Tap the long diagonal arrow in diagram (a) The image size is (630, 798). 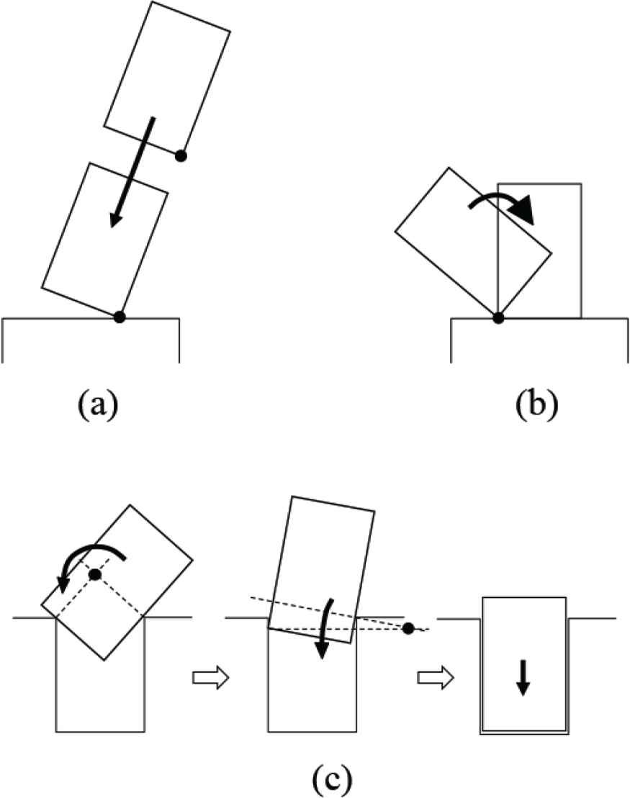click(x=131, y=173)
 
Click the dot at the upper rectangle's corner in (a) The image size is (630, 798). click(x=181, y=155)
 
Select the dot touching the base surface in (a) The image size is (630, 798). click(x=120, y=317)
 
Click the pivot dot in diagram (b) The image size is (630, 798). click(x=498, y=317)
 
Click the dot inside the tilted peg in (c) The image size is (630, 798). click(x=94, y=573)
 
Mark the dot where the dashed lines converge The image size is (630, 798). click(x=408, y=628)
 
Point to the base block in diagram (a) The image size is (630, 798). click(x=91, y=340)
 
